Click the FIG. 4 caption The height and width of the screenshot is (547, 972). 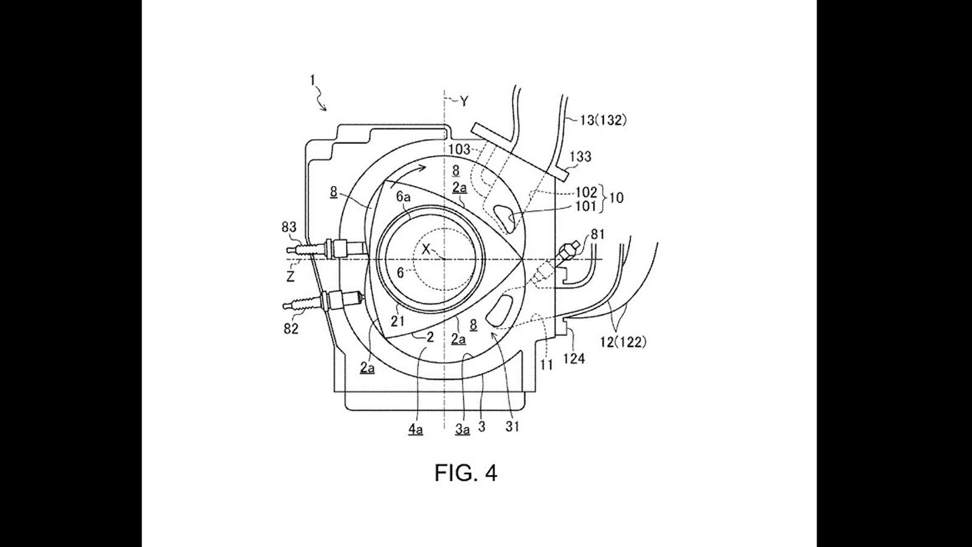point(465,473)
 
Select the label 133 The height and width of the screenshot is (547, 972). point(581,156)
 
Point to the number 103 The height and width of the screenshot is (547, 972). point(459,150)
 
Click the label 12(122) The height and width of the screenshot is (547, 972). point(623,343)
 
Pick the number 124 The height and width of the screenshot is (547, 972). point(574,359)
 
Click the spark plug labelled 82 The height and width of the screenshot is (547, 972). point(323,300)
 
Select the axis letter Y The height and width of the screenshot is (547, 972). point(464,101)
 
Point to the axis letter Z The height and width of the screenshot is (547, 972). point(290,276)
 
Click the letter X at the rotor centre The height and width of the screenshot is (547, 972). point(426,249)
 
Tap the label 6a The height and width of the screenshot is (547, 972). point(403,197)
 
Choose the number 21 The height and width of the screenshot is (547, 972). point(397,322)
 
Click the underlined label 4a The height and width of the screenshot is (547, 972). point(416,429)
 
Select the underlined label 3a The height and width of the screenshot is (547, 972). point(462,429)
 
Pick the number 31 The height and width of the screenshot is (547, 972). point(512,427)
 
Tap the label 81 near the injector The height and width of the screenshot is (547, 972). point(597,235)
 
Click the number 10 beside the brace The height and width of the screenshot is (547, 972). point(616,198)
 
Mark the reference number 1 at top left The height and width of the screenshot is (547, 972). point(312,80)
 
